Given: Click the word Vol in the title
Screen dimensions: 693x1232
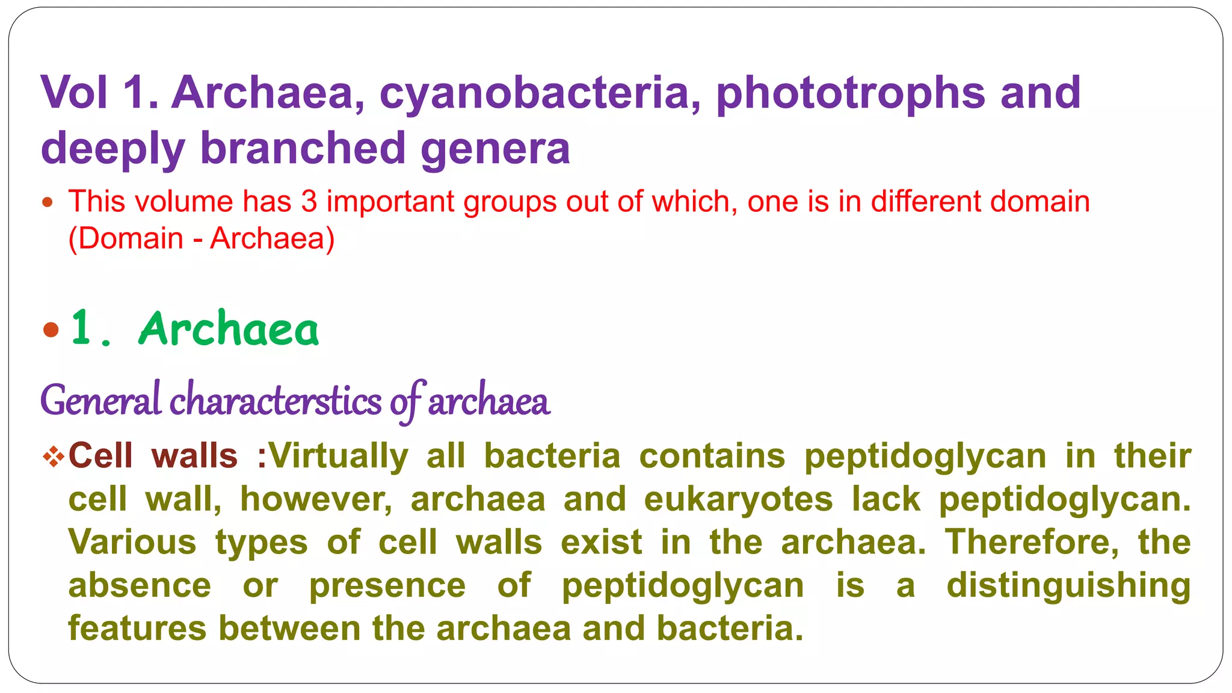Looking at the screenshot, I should [75, 93].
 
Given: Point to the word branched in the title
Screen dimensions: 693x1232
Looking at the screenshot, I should [303, 148].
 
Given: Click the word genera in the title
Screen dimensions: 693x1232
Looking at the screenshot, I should [494, 148].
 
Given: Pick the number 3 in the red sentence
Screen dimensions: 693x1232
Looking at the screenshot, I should [309, 202].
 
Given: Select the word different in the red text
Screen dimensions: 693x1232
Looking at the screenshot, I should [926, 202].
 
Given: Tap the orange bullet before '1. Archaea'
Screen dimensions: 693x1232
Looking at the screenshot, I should [51, 330].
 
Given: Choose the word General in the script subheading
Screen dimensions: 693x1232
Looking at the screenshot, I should [100, 401].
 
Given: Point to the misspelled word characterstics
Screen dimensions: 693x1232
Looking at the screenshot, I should [276, 401].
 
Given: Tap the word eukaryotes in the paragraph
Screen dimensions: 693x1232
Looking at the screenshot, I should [738, 499].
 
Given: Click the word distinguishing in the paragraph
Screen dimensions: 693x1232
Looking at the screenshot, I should [1068, 585].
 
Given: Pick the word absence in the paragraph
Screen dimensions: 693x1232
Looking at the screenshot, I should [140, 585].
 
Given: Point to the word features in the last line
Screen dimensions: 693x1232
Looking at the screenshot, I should [138, 628].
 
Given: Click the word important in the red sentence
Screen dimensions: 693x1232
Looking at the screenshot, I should [390, 202].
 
